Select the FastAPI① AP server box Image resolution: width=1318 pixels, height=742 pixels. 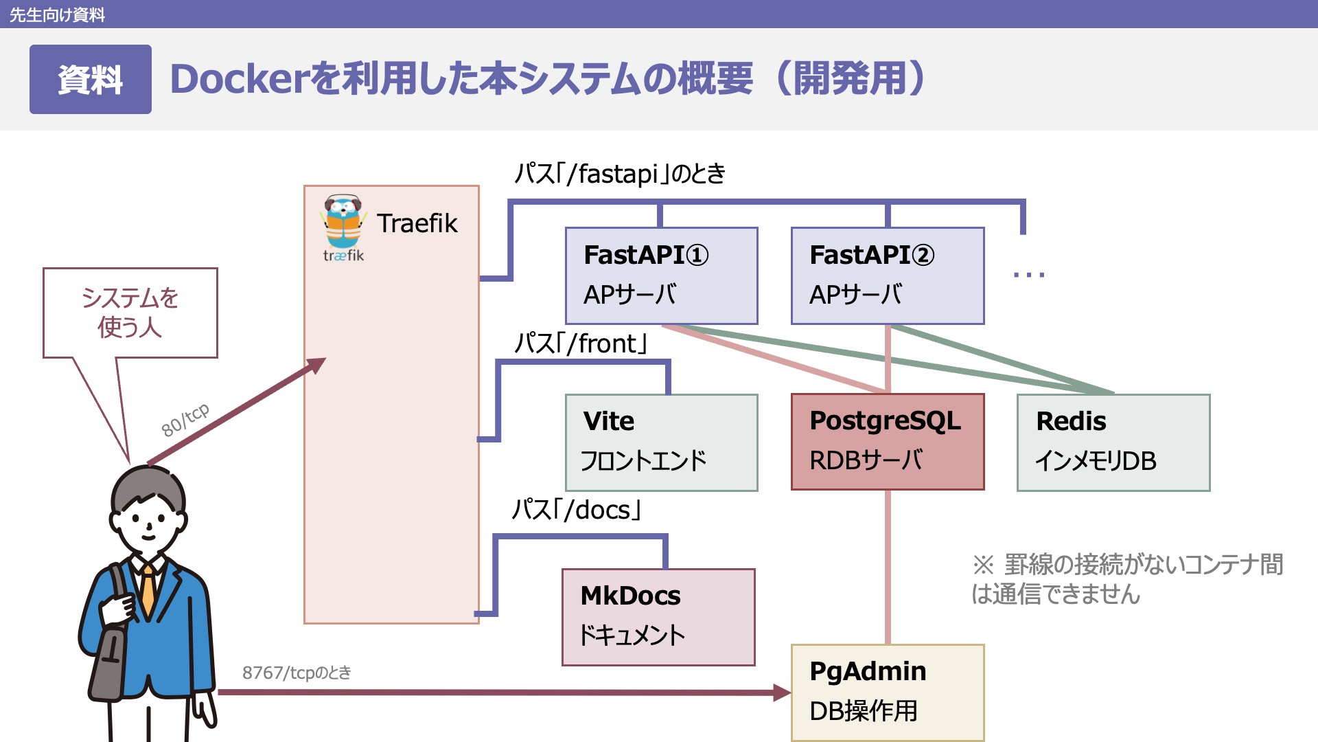(661, 276)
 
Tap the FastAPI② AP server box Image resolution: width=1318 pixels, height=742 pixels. (887, 276)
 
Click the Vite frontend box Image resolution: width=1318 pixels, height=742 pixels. (661, 442)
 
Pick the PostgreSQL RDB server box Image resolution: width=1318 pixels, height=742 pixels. (887, 442)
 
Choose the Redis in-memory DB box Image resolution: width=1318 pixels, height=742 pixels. (1113, 442)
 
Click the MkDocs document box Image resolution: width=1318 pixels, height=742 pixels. (658, 617)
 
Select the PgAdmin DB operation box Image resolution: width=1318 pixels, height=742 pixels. (887, 692)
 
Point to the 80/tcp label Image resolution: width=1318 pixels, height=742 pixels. (185, 420)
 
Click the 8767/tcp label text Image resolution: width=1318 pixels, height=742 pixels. (297, 673)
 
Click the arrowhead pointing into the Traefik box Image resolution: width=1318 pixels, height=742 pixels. (316, 365)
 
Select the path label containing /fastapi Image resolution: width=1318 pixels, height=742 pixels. (620, 174)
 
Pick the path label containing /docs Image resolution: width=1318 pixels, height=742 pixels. (577, 510)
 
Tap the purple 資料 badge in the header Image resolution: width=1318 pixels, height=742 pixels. (90, 79)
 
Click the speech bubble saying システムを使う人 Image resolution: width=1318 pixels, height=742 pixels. (130, 313)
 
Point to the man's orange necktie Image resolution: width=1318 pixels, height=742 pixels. (148, 591)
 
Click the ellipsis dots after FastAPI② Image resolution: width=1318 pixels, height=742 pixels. (1028, 275)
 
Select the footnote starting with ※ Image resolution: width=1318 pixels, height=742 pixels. (1126, 578)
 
